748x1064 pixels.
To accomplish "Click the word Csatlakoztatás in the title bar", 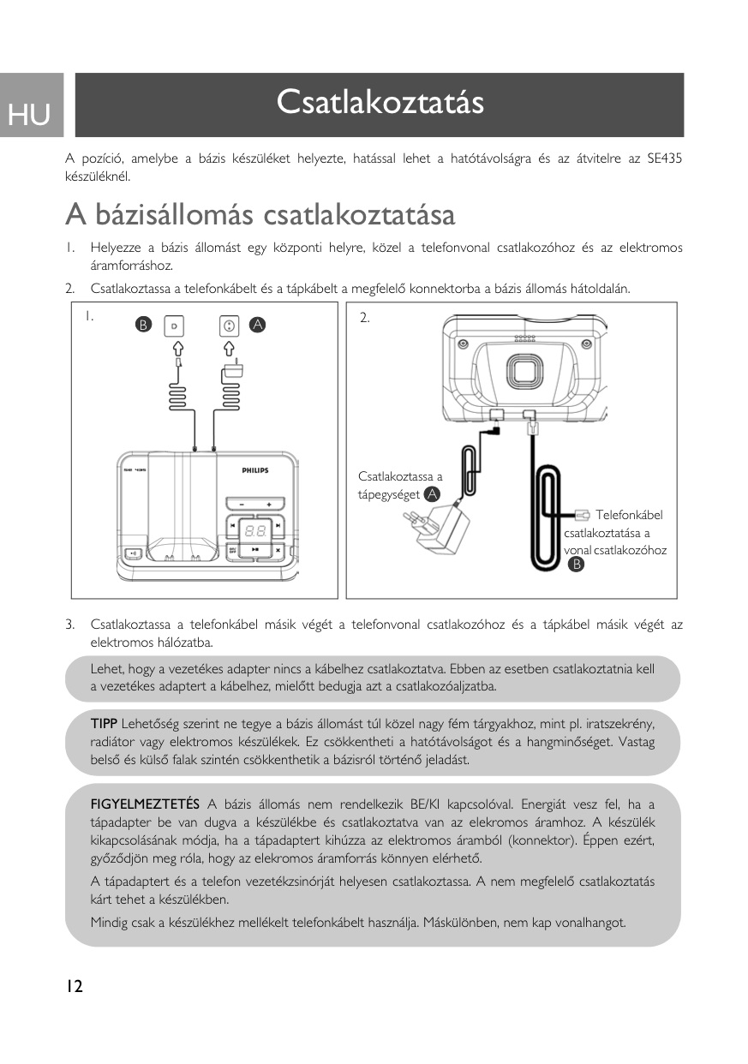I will point(380,102).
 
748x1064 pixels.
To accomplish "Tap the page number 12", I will point(73,987).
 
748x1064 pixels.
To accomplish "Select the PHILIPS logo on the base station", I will point(254,470).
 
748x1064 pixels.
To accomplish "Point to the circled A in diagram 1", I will point(257,325).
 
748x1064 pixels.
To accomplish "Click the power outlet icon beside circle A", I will point(229,325).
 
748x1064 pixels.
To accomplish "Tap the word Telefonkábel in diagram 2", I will point(629,515).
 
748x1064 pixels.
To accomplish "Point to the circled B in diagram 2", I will point(577,564).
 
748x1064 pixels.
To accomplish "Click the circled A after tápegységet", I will point(433,494).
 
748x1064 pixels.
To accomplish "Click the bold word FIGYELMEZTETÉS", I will point(145,804).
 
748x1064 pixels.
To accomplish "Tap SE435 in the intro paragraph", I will point(665,159).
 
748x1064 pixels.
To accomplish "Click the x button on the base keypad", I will point(278,549).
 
